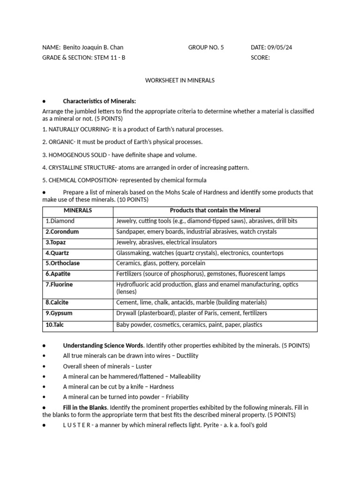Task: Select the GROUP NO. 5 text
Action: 206,47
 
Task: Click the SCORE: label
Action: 260,58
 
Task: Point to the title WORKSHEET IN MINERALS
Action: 180,80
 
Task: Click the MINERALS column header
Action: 78,210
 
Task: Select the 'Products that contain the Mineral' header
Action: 215,210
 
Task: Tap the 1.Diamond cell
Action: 60,221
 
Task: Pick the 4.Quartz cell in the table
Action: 57,253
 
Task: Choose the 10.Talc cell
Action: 55,324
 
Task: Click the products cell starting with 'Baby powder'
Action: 189,324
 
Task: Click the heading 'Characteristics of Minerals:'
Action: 99,101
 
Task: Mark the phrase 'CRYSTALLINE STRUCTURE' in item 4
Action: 80,167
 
